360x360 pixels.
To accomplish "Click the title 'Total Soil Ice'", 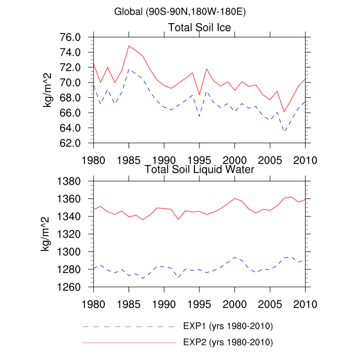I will pos(200,27).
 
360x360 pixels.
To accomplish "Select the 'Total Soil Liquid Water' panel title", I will pos(200,169).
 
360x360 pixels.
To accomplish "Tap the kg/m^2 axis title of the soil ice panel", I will pos(47,90).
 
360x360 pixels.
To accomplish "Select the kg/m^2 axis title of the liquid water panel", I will pos(47,234).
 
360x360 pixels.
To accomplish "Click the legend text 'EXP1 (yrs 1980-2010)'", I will pos(228,327).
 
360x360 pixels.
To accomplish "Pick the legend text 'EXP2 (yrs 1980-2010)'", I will pos(228,341).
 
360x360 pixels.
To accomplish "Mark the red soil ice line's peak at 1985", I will pos(129,46).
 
